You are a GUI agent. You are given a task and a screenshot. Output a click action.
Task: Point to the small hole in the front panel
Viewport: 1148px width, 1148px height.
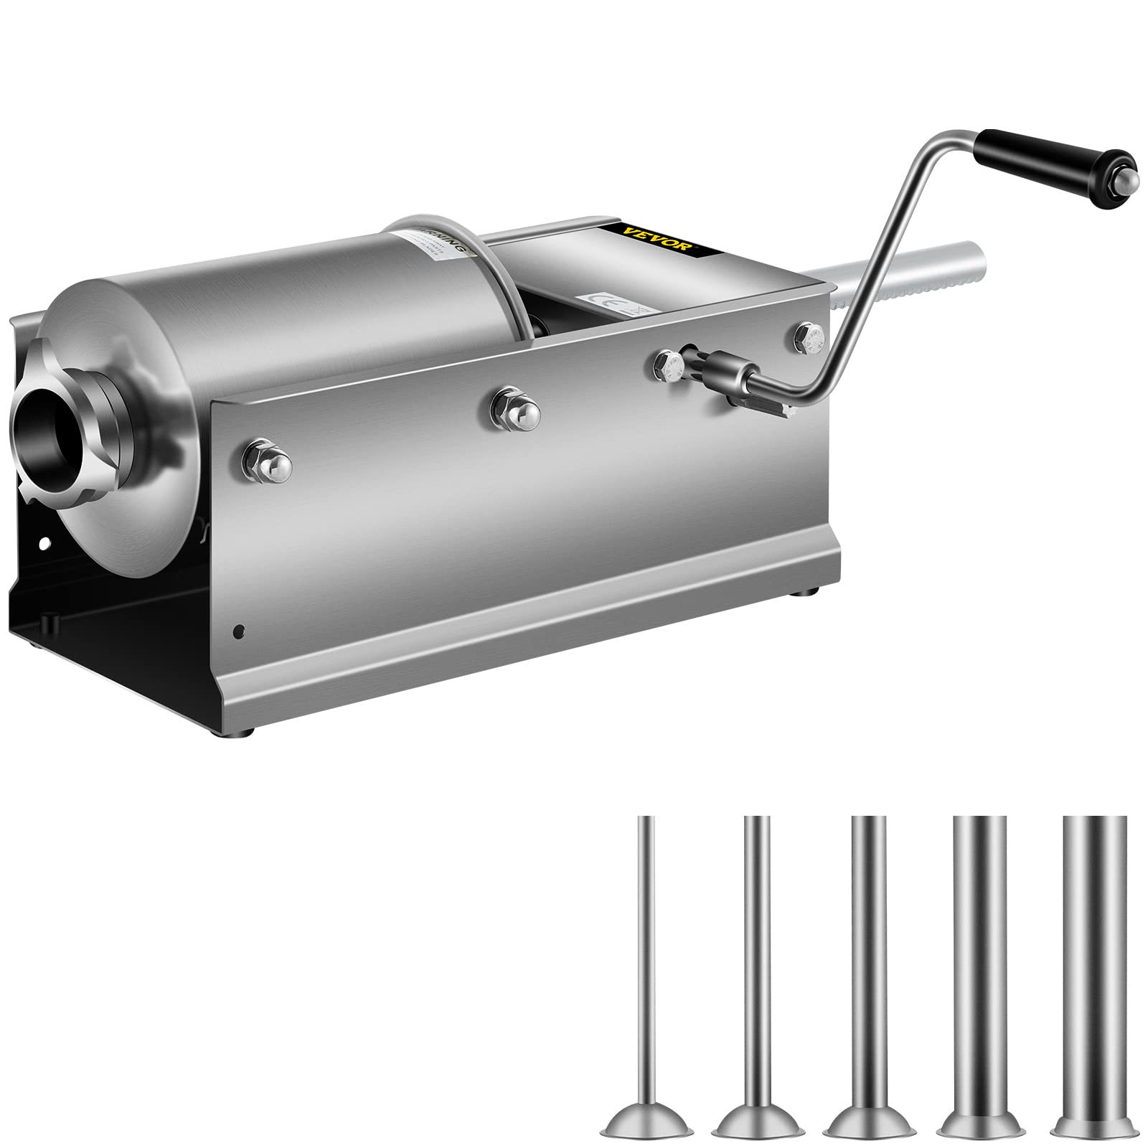[240, 632]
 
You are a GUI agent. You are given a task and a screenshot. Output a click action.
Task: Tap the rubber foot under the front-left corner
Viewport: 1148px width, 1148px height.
[248, 733]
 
